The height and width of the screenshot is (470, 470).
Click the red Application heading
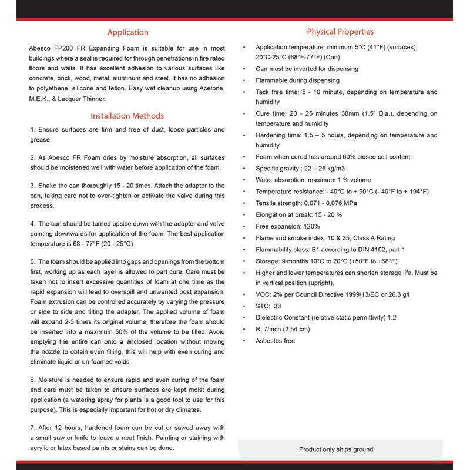tap(127, 32)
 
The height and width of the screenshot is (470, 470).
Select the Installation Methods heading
tap(127, 116)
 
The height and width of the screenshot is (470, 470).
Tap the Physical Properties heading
tap(340, 32)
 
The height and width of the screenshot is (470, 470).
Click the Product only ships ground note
tap(335, 449)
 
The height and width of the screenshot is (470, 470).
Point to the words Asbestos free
tap(275, 341)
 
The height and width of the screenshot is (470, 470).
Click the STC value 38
tap(277, 306)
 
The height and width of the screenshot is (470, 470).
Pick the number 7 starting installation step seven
tap(32, 427)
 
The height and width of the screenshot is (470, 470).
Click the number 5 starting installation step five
tap(32, 261)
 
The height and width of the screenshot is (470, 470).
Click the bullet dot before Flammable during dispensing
tap(244, 80)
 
